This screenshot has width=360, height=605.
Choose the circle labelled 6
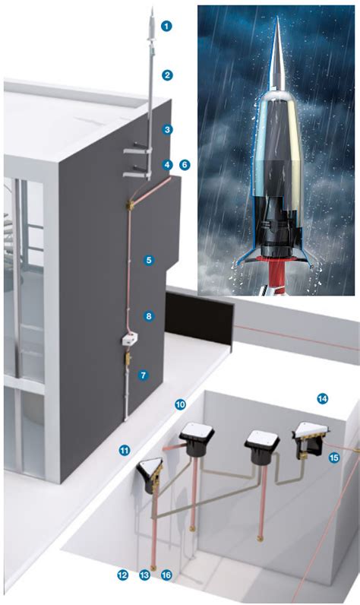click(x=185, y=164)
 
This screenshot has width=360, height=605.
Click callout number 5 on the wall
click(x=149, y=260)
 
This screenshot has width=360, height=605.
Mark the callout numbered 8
click(x=149, y=315)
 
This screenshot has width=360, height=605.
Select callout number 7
click(x=142, y=375)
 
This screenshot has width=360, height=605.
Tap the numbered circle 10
click(x=180, y=404)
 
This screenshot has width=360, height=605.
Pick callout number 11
click(x=125, y=450)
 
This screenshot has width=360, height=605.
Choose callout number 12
click(x=123, y=575)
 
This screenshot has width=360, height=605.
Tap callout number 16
click(x=167, y=575)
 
